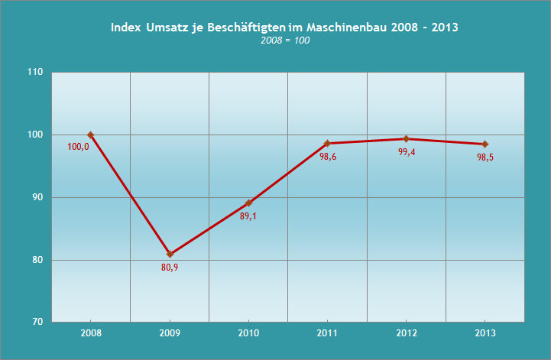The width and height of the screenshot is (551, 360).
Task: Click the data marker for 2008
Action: pos(91,135)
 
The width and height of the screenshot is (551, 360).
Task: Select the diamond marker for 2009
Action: pos(170,254)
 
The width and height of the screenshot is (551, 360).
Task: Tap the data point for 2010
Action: pos(248,203)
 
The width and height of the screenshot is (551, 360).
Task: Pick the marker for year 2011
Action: pos(327,144)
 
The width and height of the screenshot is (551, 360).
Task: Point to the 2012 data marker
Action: pos(406,138)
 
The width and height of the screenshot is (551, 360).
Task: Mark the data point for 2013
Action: pos(485,144)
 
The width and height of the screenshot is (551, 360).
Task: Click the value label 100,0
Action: pos(79,147)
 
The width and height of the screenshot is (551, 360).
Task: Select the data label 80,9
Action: pos(170,267)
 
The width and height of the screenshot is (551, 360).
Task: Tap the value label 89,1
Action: pos(249,216)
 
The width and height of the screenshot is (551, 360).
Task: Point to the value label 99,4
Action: pos(407,151)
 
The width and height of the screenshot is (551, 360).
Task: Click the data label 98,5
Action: pos(485,157)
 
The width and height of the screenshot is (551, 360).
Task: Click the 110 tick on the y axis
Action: pos(35,73)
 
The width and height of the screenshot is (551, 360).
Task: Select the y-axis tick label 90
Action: pos(37,197)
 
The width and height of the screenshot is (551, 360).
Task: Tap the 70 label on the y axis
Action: pos(37,323)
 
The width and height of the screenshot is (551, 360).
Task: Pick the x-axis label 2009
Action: pos(170,334)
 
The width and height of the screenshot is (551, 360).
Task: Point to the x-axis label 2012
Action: pos(406,334)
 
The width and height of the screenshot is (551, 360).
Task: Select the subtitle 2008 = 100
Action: pos(284,41)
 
